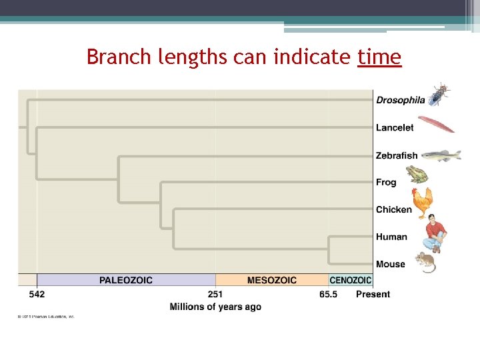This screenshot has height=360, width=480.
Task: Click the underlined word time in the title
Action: point(379,57)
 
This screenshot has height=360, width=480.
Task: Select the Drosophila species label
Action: point(400,100)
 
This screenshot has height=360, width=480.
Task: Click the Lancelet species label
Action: point(395,127)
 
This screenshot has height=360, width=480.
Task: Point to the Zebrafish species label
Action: point(397,155)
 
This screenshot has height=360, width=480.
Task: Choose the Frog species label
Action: point(386,182)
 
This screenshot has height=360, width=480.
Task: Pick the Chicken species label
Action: point(393,209)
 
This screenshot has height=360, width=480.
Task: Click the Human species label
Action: point(391,237)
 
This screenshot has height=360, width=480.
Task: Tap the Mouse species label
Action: point(391,264)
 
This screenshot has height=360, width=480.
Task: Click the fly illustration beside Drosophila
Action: point(439,95)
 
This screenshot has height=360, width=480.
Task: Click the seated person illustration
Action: point(434,233)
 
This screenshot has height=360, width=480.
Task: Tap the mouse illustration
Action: point(425,262)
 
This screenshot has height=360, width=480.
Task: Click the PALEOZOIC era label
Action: point(125,280)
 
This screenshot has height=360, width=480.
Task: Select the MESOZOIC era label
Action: point(272,280)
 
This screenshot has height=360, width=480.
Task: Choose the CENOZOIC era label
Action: point(351,281)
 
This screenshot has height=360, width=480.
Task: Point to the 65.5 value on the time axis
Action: point(327,294)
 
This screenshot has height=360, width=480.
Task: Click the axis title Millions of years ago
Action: point(215,307)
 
